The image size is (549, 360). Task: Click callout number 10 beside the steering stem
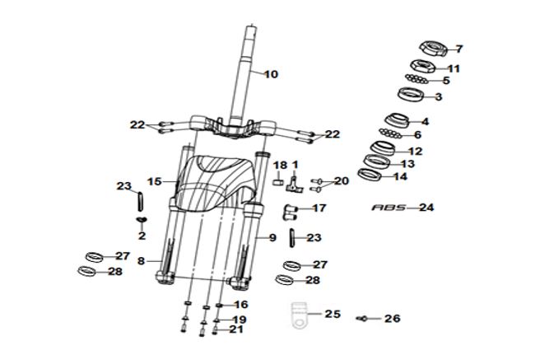[x=271, y=74]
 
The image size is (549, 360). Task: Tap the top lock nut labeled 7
[x=431, y=48]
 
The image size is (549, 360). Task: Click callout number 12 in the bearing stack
[x=461, y=152]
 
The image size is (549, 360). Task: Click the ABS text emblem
[x=388, y=208]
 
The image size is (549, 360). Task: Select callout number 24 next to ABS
[x=426, y=208]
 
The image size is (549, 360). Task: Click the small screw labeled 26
[x=363, y=318]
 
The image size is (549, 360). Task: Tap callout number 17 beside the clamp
[x=319, y=208]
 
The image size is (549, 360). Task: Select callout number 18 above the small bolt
[x=279, y=165]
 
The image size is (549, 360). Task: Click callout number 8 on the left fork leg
[x=142, y=260]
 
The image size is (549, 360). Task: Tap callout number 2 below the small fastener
[x=142, y=236]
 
